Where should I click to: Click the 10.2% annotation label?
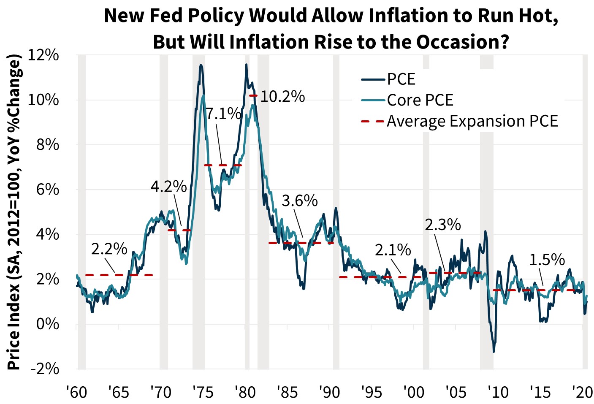[x=282, y=97]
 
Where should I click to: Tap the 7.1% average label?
[x=223, y=114]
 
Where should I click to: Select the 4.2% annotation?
[x=168, y=186]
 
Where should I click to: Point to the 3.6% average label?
[x=299, y=201]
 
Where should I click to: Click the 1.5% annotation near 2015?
[x=547, y=260]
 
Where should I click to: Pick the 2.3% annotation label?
[x=442, y=225]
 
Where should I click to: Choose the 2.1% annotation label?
[x=393, y=250]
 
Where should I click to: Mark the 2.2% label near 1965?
[x=109, y=249]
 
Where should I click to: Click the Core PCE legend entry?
[x=420, y=100]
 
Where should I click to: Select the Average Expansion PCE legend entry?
[x=472, y=121]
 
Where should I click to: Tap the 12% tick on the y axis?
[x=43, y=55]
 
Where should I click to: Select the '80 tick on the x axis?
[x=245, y=392]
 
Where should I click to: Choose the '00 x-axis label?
[x=414, y=392]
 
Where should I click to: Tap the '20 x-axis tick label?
[x=582, y=392]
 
